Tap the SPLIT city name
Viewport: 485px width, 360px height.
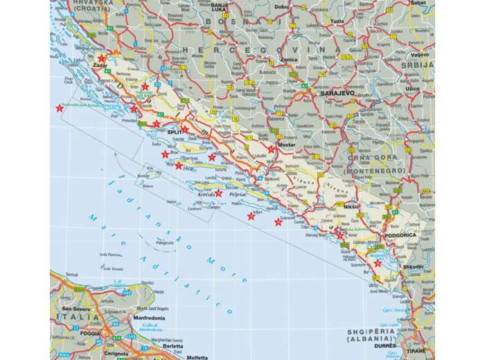[175, 131]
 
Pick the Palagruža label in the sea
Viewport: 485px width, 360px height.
[164, 243]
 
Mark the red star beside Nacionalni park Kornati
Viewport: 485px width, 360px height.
[59, 108]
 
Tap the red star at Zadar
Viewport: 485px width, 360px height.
[103, 59]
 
